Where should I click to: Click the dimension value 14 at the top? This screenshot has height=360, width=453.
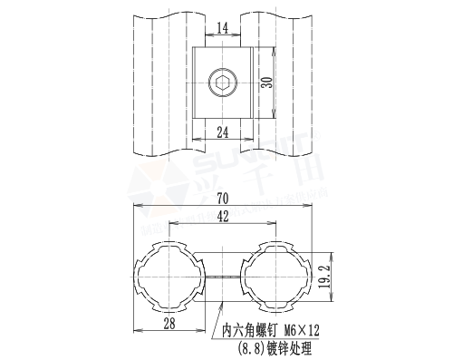pos(222,29)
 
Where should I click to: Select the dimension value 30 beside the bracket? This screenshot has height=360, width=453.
pos(265,83)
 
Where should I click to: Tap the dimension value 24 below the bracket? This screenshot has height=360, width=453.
pos(222,131)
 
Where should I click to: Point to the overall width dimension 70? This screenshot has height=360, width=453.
pos(222,199)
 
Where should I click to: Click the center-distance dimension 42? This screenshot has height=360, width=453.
pos(222,217)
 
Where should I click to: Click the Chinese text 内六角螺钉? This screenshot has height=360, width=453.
pos(251,331)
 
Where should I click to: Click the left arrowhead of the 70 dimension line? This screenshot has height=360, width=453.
pos(137,207)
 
